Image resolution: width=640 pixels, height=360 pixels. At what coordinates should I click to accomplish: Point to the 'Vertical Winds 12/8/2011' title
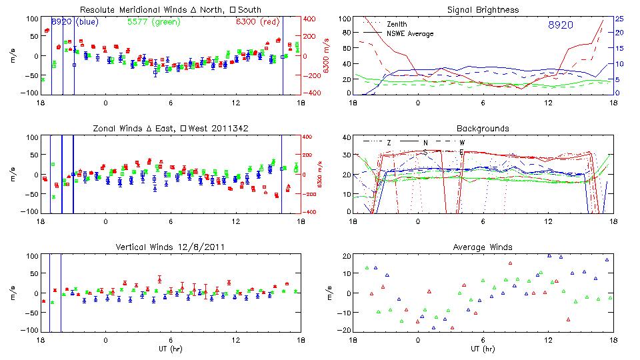point(171,247)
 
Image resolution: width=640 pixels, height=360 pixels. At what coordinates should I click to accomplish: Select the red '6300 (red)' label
point(257,21)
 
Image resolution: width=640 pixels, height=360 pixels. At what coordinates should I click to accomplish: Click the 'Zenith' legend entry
point(397,24)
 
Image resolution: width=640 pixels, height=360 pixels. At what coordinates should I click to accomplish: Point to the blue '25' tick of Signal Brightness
point(619,18)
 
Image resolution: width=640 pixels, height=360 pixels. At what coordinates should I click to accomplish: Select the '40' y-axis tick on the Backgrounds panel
point(346,137)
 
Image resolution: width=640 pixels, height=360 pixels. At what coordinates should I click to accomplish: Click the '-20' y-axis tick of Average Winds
point(344,330)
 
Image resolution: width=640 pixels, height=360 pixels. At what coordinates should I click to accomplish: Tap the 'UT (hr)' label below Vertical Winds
point(171,349)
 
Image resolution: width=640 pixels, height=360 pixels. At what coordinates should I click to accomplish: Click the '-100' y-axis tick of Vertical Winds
point(29,330)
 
